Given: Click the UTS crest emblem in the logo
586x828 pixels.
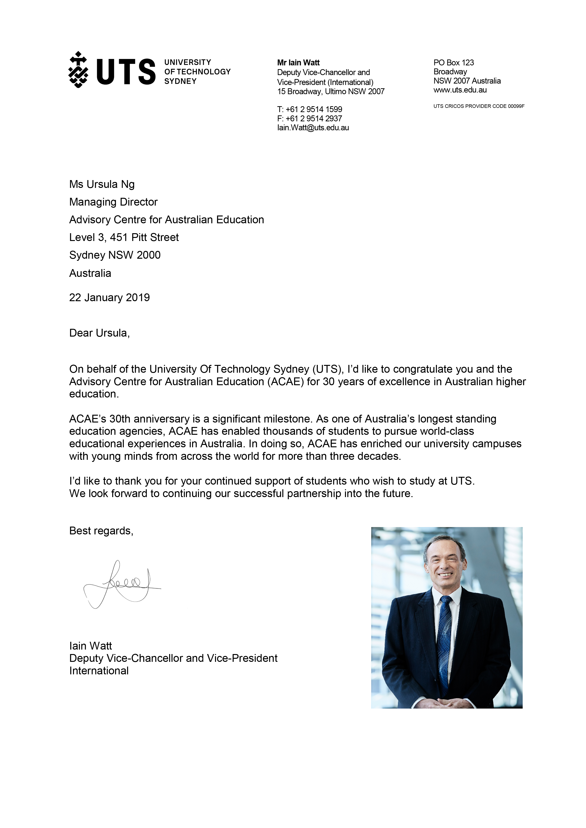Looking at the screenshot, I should click(x=78, y=70).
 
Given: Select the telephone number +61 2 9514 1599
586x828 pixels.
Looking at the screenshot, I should click(x=313, y=109).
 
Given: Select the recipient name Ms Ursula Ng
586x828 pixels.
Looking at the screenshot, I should click(x=102, y=184).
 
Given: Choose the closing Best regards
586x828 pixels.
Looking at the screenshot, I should click(x=101, y=531).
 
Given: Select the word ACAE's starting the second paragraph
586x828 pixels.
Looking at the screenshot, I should click(x=88, y=419).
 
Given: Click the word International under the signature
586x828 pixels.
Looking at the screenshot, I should click(x=99, y=671).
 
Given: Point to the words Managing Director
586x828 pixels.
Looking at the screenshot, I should click(x=113, y=202).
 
